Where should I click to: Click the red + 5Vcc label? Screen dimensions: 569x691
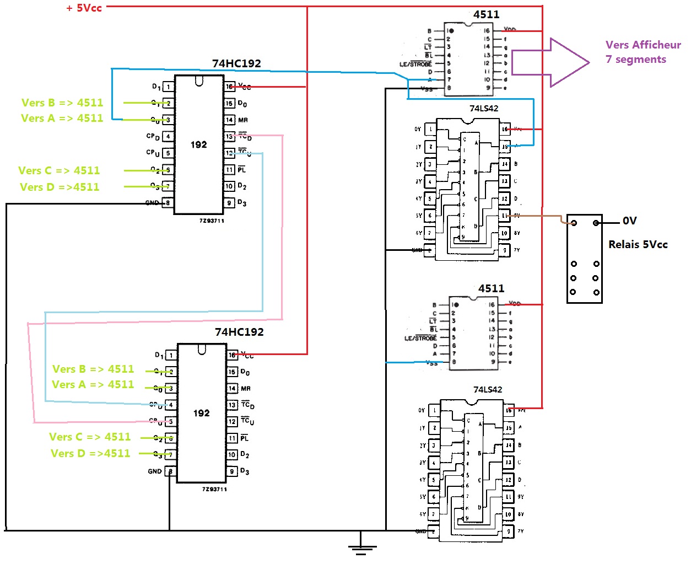pos(84,8)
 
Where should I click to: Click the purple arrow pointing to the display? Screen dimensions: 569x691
pos(551,62)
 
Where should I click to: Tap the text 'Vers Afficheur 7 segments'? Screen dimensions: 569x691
pos(643,52)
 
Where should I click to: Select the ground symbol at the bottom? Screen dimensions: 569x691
pos(361,547)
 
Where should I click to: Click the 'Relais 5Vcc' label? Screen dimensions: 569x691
pos(638,244)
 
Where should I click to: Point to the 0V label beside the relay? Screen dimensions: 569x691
pos(629,221)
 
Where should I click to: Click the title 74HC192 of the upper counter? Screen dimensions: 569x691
pos(236,63)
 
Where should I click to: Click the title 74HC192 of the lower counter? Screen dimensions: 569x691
pos(239,332)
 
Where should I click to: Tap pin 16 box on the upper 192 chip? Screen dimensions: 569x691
pos(229,87)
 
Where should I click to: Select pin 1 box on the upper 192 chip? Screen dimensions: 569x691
pos(169,87)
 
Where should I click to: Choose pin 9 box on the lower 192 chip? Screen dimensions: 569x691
pos(233,471)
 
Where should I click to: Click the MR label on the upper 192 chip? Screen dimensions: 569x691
pos(243,120)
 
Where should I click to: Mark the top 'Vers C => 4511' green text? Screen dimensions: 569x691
pos(59,171)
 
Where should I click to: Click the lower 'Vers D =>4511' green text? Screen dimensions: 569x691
pos(90,454)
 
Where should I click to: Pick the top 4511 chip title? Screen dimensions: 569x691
pos(486,14)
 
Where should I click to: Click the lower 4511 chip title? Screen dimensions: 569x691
pos(491,288)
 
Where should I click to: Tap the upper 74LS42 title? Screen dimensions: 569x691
pos(484,109)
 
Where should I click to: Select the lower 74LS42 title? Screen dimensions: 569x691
pos(488,390)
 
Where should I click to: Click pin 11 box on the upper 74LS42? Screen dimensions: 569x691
pos(504,216)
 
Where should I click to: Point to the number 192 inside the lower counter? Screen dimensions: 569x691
pos(202,413)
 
